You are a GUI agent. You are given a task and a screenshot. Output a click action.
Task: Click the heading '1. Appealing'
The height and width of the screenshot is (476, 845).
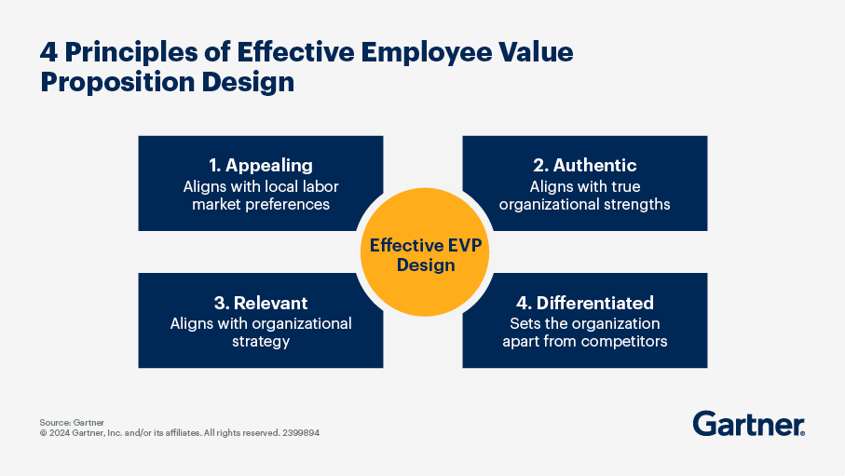(260, 165)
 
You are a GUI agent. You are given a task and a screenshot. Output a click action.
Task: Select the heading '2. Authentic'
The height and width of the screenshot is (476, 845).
(584, 165)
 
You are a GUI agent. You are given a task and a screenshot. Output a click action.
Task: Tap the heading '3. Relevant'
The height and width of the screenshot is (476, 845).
(260, 303)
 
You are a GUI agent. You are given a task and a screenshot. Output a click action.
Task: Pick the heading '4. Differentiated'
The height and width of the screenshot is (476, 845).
(584, 303)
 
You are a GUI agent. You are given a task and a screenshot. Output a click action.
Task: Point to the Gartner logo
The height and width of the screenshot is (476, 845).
(748, 424)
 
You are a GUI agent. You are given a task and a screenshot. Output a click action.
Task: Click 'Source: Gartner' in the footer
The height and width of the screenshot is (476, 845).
(72, 422)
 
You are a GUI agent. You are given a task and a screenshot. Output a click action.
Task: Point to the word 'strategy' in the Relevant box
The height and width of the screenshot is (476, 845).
(261, 341)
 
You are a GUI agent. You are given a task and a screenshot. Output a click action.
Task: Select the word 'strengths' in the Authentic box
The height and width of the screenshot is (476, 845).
(636, 203)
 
